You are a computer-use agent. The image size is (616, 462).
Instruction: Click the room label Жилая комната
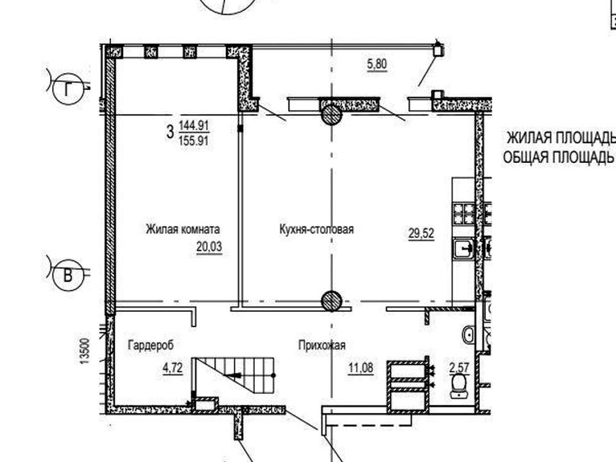(x=183, y=229)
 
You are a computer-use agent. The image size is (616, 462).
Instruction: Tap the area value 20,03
(x=209, y=246)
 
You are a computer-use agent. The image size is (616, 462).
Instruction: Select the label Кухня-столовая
(x=316, y=229)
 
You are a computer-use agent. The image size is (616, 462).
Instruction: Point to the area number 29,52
(x=421, y=234)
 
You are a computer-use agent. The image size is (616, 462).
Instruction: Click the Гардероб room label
(x=150, y=345)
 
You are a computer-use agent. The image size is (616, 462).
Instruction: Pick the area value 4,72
(x=173, y=368)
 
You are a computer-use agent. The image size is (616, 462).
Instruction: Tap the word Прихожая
(x=321, y=345)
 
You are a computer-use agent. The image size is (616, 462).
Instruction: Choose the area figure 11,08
(x=361, y=368)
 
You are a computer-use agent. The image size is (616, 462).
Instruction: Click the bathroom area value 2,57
(x=459, y=368)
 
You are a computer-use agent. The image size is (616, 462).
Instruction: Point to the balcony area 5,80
(x=377, y=64)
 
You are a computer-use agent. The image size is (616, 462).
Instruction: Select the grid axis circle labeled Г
(x=67, y=90)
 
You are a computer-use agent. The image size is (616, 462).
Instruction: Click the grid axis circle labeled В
(x=67, y=276)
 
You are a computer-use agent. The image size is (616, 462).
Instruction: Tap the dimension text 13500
(x=85, y=351)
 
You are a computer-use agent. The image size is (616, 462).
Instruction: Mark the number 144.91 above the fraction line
(x=194, y=126)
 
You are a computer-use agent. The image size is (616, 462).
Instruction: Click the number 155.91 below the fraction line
(x=194, y=141)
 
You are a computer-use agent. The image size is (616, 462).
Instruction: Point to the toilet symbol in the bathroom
(x=459, y=386)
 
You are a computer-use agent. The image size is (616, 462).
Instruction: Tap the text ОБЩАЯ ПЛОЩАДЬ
(x=558, y=157)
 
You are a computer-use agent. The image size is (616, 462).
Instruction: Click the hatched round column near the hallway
(x=332, y=302)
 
